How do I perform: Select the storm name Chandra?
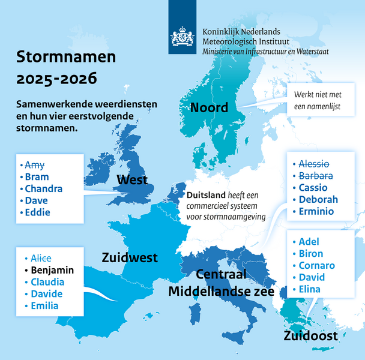point(44,188)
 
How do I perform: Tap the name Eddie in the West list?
point(37,212)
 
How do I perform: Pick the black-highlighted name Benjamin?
point(52,270)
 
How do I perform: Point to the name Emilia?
point(44,306)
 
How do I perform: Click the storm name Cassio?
point(313,187)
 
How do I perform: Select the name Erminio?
point(317,211)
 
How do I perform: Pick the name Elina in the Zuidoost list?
point(309,289)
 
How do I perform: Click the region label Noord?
point(209,107)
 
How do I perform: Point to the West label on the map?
point(133,180)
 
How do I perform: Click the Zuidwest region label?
point(130,257)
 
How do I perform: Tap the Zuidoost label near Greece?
point(310,335)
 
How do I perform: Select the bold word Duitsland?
point(205,196)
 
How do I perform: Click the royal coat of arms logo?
point(182,37)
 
